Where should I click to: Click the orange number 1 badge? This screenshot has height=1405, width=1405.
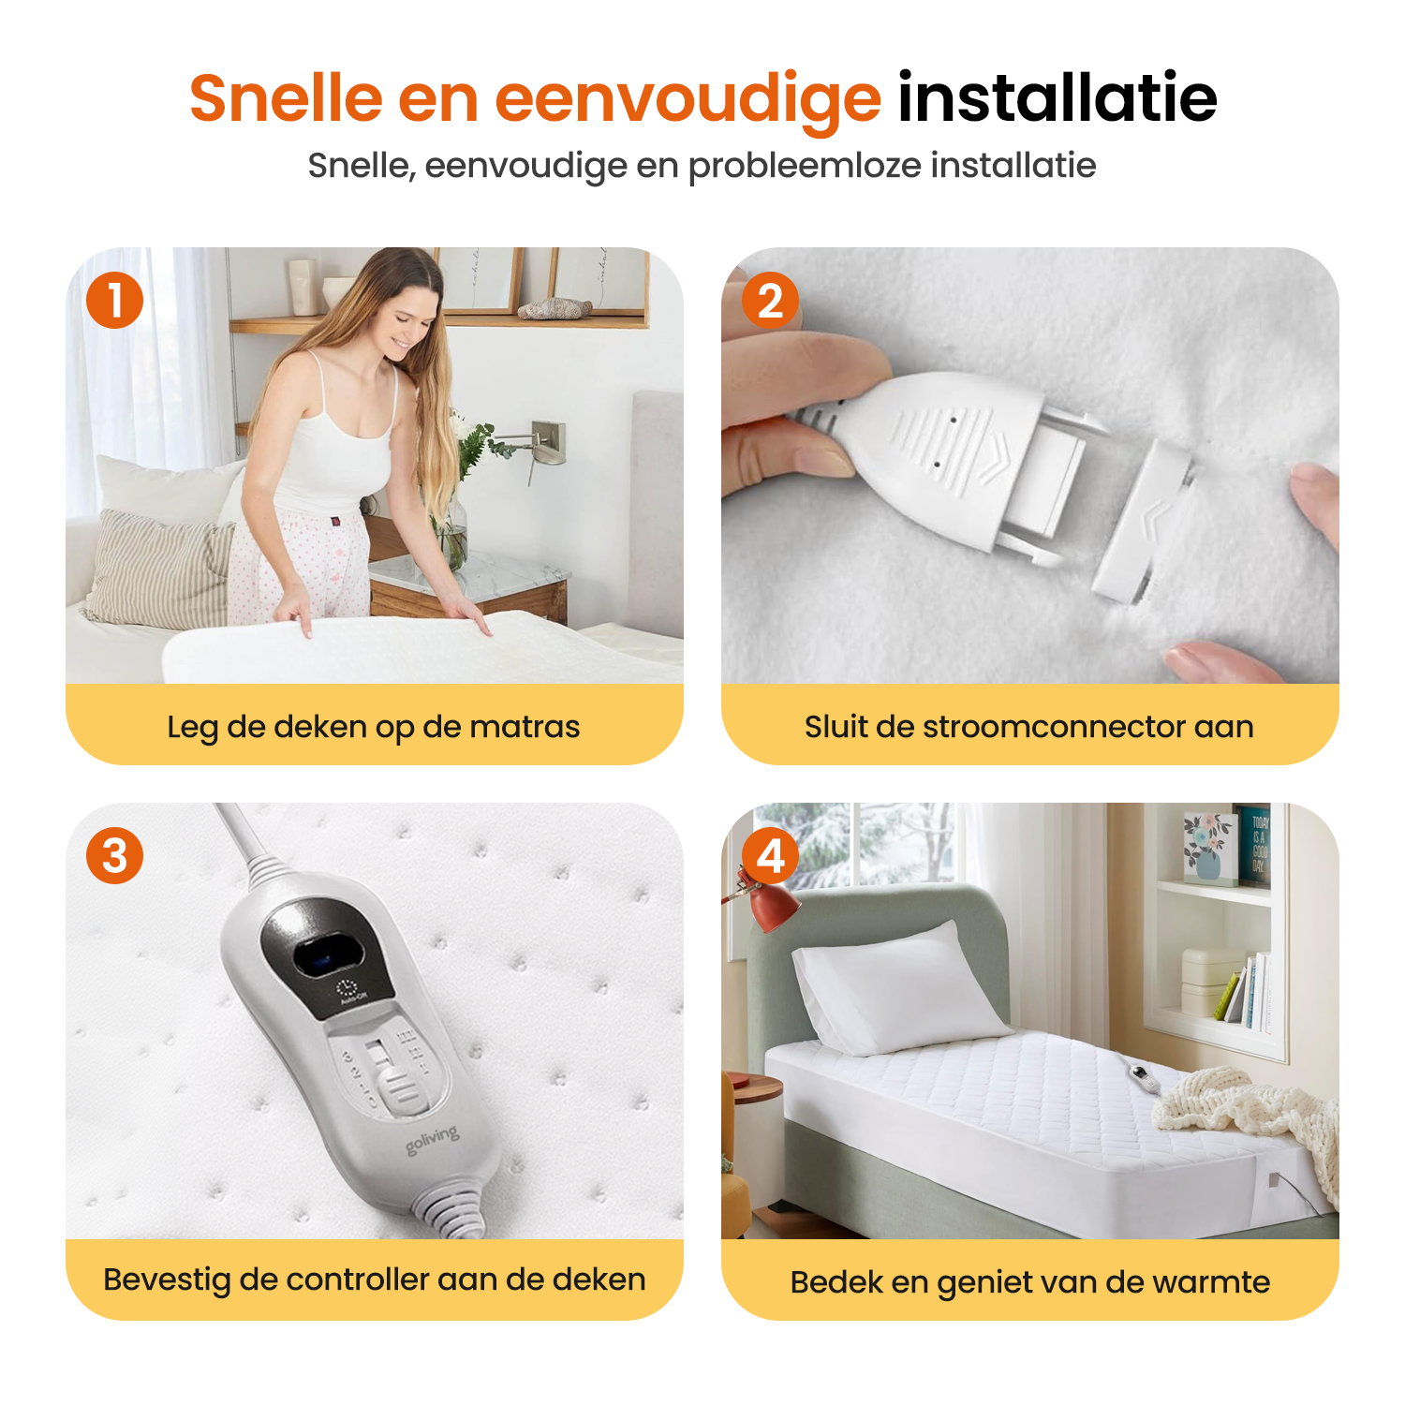(x=114, y=301)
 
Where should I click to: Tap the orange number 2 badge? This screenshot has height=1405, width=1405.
(x=770, y=301)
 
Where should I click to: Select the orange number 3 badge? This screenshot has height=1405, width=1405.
(x=114, y=855)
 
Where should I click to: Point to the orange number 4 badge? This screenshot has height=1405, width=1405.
(x=770, y=855)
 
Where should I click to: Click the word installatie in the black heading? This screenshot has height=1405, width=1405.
(x=1057, y=96)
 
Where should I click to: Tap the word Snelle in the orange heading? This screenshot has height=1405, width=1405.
(x=286, y=97)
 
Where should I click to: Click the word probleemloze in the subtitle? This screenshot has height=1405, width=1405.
(x=805, y=167)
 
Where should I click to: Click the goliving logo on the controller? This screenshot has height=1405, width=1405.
(x=433, y=1139)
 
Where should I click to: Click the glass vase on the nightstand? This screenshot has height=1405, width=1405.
(x=451, y=532)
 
